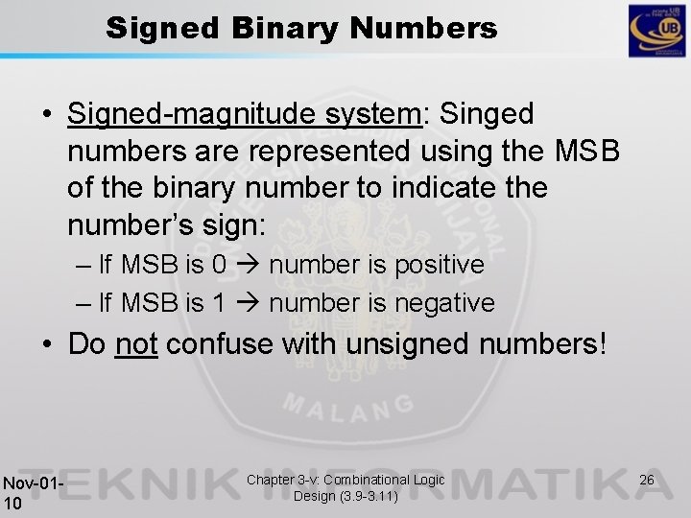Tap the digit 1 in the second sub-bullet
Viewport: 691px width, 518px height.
tap(217, 303)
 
